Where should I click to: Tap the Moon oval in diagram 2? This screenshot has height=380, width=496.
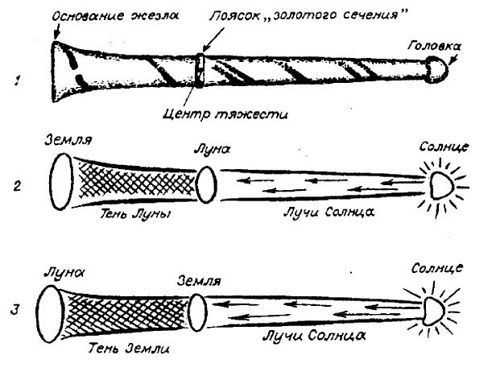click(205, 185)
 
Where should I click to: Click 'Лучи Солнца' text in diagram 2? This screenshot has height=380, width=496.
click(318, 216)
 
